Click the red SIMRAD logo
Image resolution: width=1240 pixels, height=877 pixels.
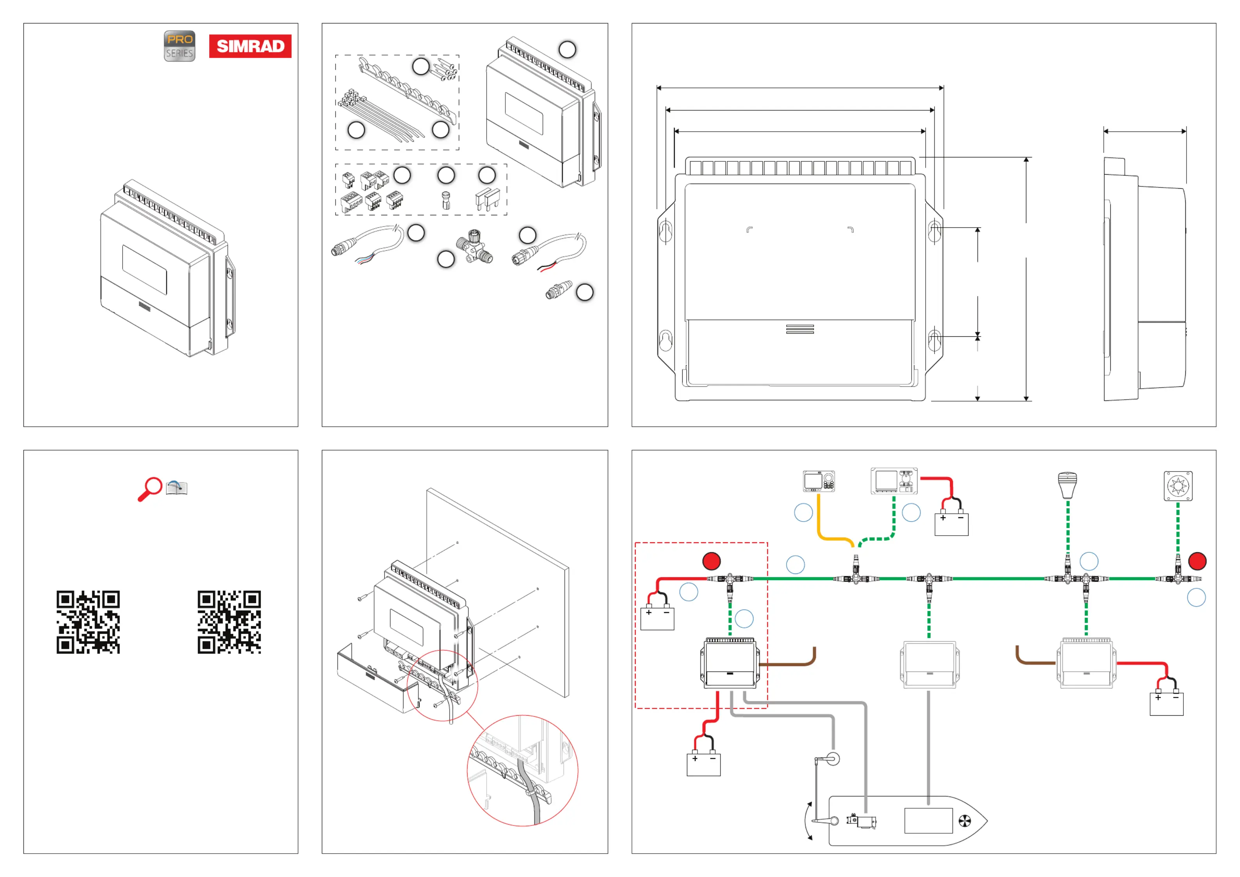point(250,46)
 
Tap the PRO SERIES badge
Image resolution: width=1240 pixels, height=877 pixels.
point(179,46)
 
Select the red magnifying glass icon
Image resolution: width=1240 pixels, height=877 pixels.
point(150,489)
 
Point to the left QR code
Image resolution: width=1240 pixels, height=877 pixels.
point(88,622)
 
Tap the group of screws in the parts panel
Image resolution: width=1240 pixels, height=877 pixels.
point(446,70)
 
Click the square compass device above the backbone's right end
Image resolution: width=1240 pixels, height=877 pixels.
point(1178,486)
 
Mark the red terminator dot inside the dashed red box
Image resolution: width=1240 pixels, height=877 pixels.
point(711,561)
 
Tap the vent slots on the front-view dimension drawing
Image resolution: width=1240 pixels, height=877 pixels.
point(800,329)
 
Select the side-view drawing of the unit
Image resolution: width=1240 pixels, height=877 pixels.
point(1144,279)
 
